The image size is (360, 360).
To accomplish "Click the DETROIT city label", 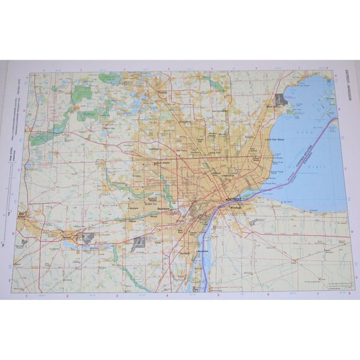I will pyautogui.click(x=234, y=199).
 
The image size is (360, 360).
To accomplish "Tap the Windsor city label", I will pyautogui.click(x=235, y=209).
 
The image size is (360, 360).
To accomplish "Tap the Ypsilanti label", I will pyautogui.click(x=69, y=236).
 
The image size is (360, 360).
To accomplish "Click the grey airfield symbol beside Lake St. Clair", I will pyautogui.click(x=280, y=99).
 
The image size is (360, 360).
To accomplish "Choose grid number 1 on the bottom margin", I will pyautogui.click(x=26, y=295).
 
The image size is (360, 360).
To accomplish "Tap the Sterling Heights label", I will pyautogui.click(x=218, y=112).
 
